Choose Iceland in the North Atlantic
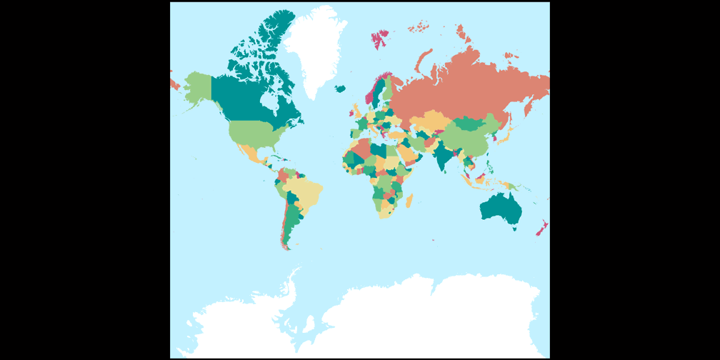[x=341, y=89]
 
